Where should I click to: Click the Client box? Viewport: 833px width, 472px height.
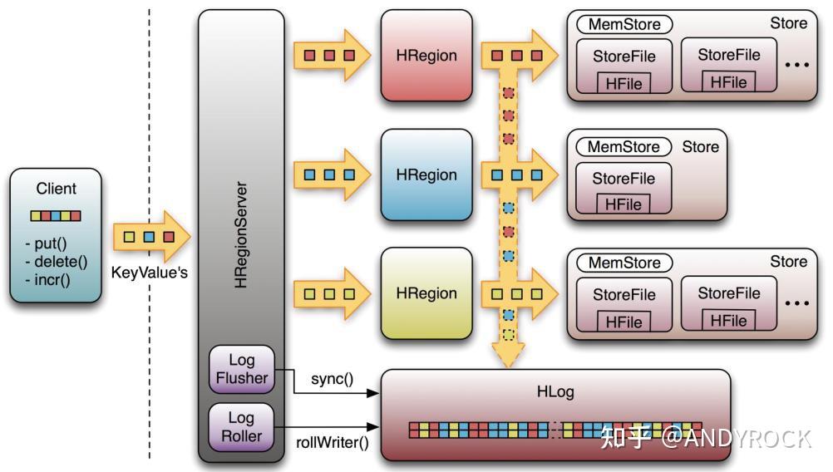[57, 234]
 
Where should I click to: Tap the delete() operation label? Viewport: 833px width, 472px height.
[55, 262]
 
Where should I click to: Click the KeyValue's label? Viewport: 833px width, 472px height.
[150, 273]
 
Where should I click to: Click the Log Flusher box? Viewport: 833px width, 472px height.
[242, 370]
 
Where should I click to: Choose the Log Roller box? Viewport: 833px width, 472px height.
[242, 427]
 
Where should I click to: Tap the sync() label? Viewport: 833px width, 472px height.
[333, 380]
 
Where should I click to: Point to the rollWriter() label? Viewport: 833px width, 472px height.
[333, 442]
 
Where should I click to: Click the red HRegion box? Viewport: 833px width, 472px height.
[426, 56]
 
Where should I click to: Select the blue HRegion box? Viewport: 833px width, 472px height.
[426, 175]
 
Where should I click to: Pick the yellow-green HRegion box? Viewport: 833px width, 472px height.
[426, 293]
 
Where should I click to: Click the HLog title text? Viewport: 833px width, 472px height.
[555, 391]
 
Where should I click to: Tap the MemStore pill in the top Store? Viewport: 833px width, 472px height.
[624, 24]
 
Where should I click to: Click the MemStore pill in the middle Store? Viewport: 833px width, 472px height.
[624, 147]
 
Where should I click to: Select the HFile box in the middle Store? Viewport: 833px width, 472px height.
[624, 204]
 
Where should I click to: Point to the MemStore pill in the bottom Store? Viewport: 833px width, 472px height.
[624, 263]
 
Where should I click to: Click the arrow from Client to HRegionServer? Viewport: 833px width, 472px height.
[150, 236]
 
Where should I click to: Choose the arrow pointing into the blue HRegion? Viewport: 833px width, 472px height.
[331, 175]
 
